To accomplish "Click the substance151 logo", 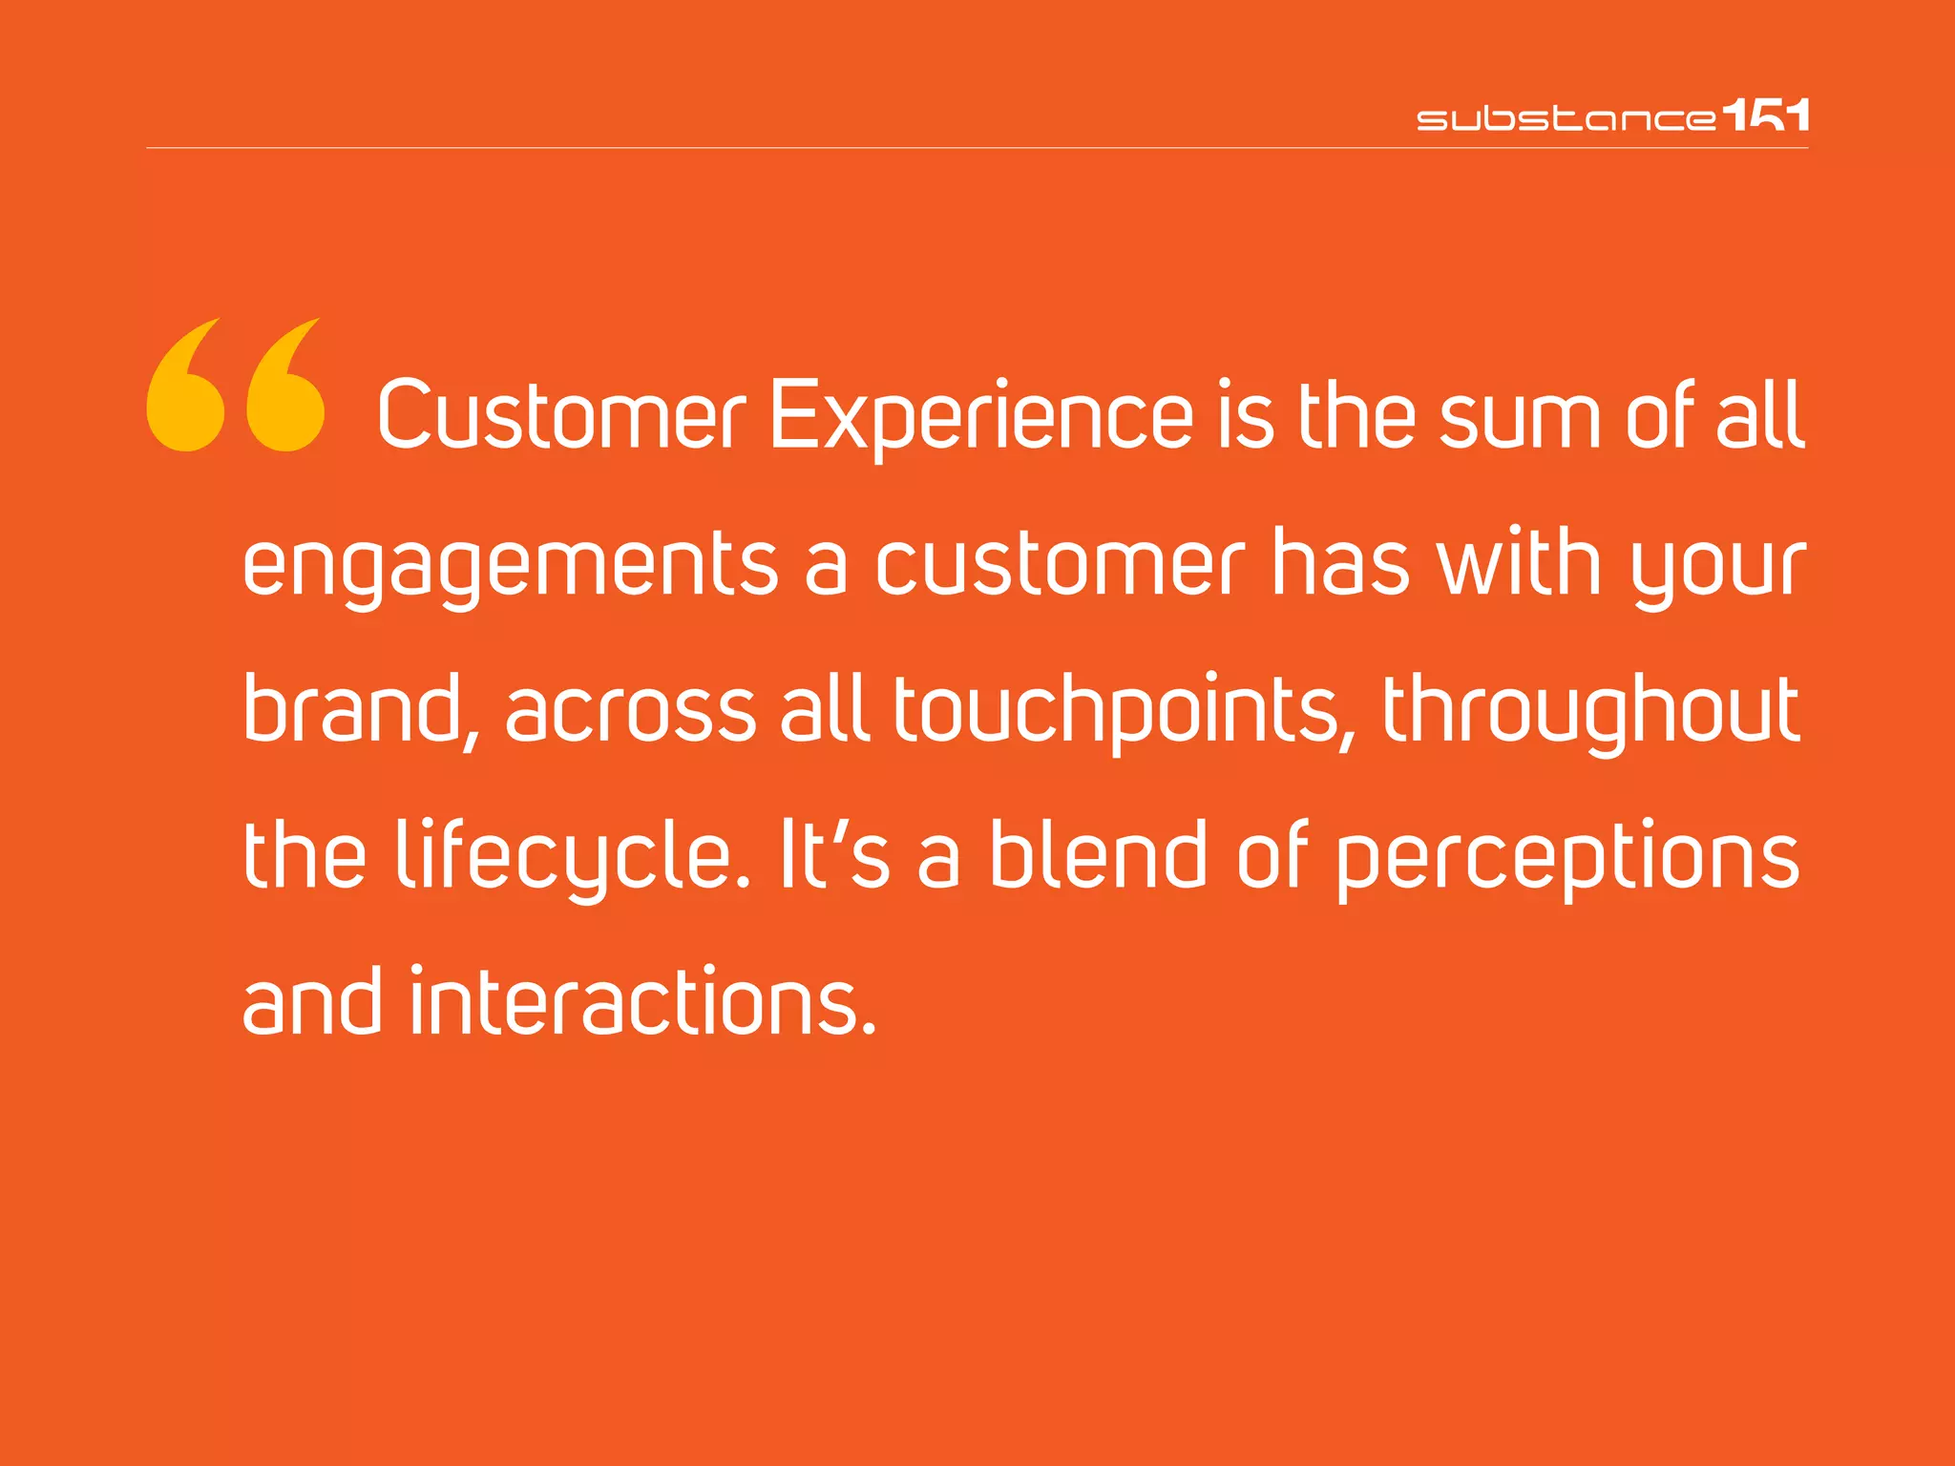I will click(x=1611, y=116).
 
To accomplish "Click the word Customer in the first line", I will click(x=560, y=416).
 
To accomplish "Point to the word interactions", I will click(x=641, y=1002).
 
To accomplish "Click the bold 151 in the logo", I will click(x=1766, y=115).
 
